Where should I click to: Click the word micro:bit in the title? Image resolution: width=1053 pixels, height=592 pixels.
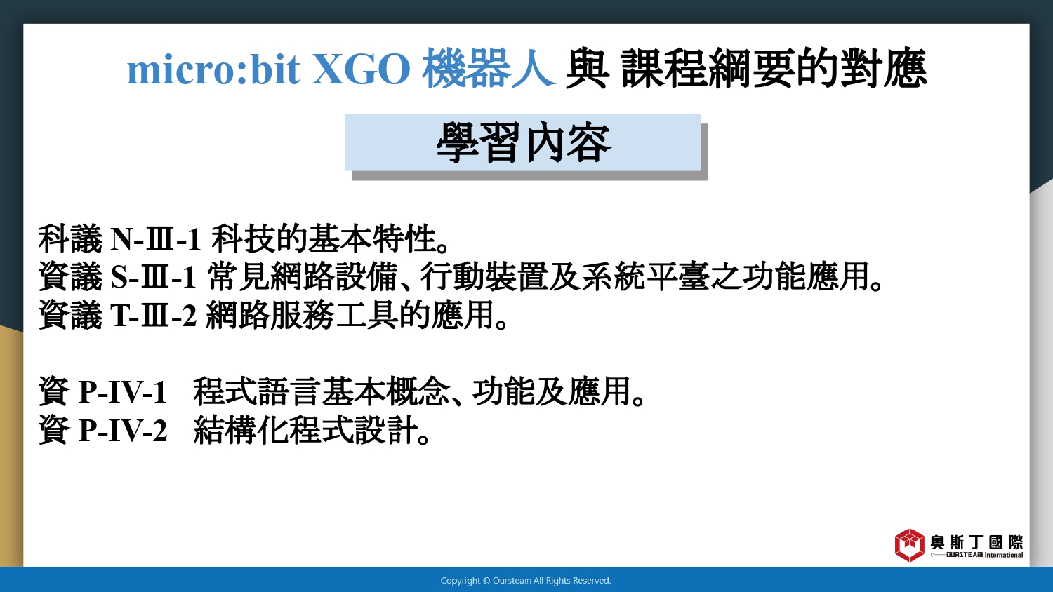pos(213,69)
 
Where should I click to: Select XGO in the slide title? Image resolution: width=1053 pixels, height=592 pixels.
pos(361,69)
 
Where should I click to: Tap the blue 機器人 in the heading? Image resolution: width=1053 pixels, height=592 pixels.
pos(489,69)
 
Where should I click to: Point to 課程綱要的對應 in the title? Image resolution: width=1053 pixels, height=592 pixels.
pos(774,69)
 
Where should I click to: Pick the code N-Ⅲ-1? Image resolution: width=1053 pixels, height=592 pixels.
pos(156,239)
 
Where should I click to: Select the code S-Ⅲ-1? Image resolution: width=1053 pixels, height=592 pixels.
pos(153,277)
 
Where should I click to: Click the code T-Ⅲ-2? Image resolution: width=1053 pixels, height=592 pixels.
pos(153,315)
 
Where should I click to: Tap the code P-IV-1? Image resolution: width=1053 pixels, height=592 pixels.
pos(122,391)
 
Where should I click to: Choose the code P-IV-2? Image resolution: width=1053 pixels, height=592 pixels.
pos(122,430)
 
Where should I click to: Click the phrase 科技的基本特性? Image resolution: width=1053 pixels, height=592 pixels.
pos(324,238)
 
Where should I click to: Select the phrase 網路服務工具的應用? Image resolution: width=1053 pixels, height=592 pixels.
pos(350,314)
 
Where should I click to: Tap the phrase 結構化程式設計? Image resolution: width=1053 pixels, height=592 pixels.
pos(305,429)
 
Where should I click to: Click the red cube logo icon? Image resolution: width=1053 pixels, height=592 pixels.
pos(910,545)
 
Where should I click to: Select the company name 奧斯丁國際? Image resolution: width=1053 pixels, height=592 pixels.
pos(976,542)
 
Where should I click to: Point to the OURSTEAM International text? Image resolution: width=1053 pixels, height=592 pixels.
pos(984,555)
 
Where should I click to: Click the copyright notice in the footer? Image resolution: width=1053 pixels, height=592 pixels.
pos(526,581)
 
